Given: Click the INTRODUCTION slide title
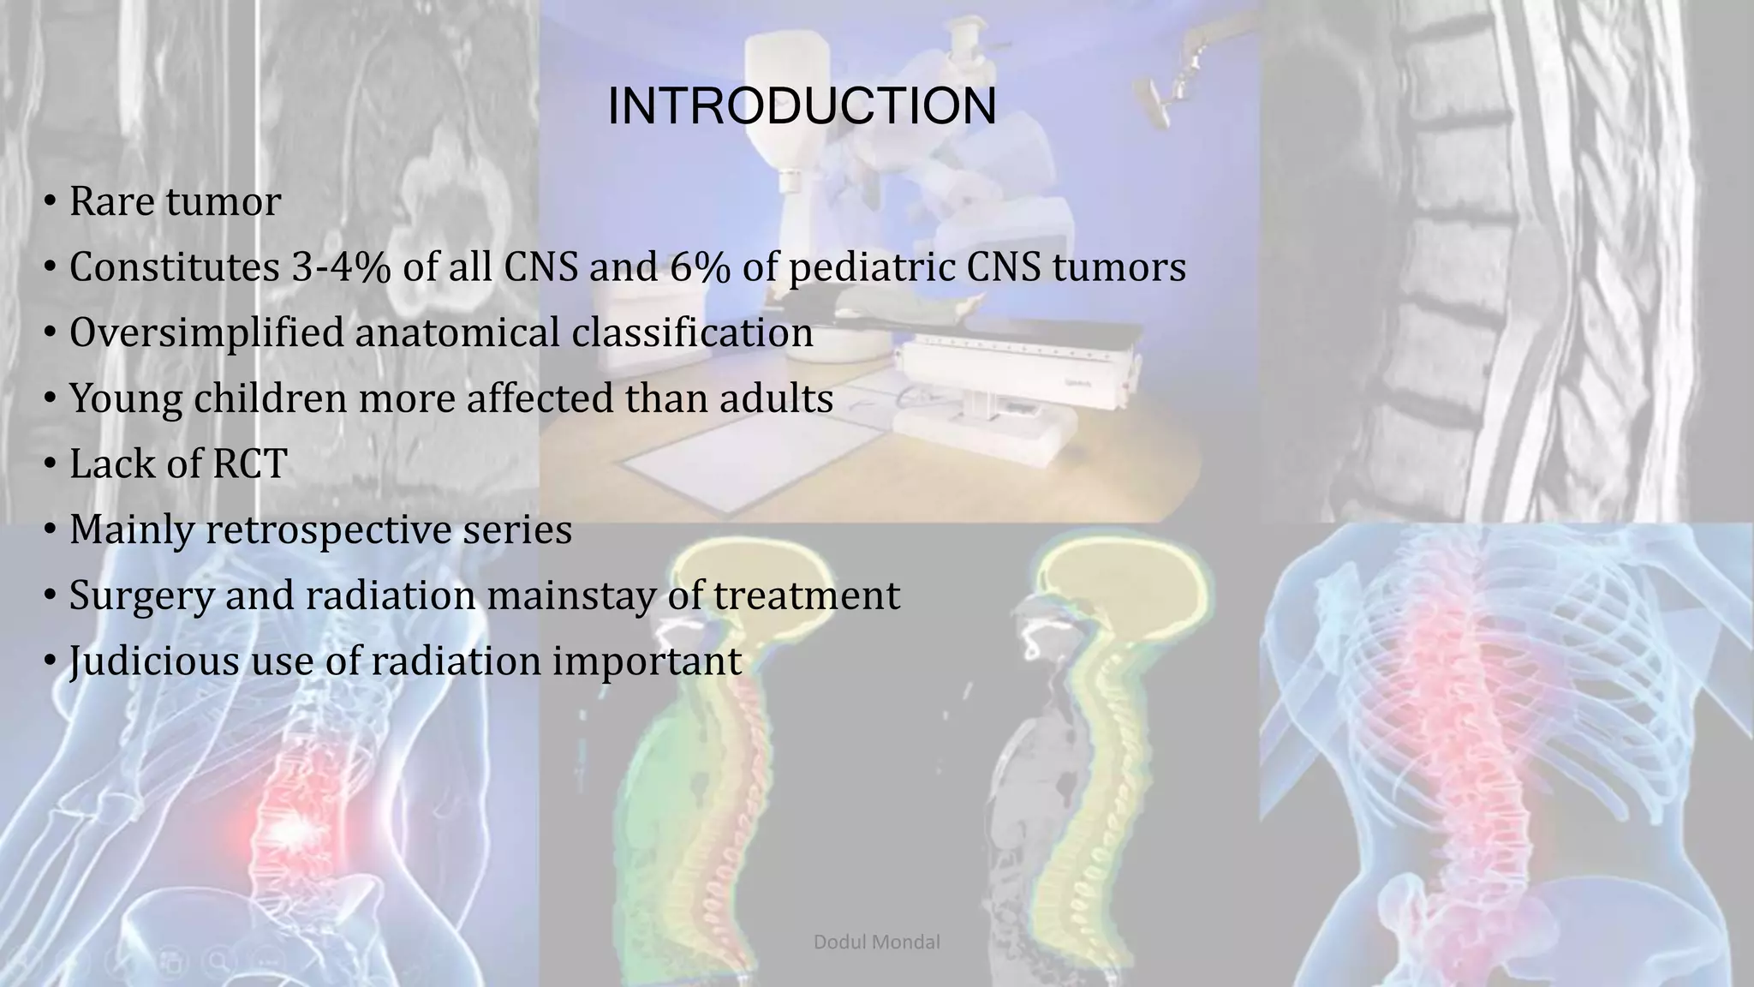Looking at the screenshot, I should [802, 106].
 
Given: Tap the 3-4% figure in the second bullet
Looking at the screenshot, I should [341, 267].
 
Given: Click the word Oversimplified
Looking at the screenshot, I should [206, 333].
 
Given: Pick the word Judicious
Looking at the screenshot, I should [154, 661].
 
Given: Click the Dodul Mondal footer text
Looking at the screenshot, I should [876, 942].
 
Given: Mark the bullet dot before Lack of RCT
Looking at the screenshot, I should [51, 465].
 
